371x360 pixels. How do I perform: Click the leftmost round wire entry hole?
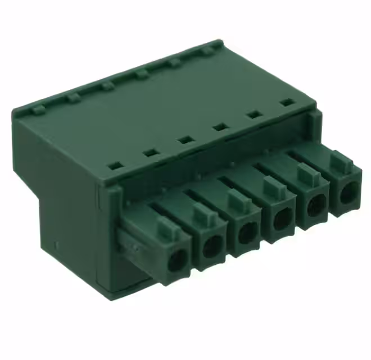point(178,260)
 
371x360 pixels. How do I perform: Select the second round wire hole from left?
point(213,246)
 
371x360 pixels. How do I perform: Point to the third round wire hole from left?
point(247,232)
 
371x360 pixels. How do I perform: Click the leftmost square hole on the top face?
point(115,166)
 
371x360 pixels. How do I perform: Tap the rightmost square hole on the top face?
point(287,102)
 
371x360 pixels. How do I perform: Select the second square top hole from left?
point(150,152)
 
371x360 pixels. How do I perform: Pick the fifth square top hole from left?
point(254,115)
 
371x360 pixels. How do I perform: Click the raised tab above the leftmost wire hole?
point(166,228)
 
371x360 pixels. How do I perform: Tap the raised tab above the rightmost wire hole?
point(339,160)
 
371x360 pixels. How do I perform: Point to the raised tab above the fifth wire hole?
point(306,174)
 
